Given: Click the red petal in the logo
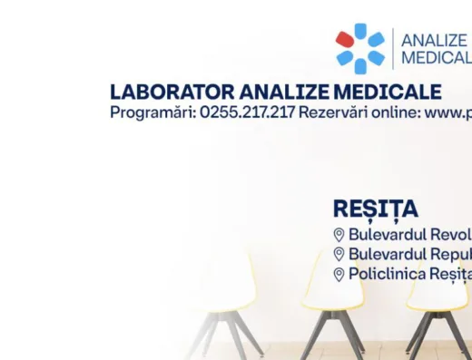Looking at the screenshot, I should (345, 40).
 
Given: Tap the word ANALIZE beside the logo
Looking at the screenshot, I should (435, 41).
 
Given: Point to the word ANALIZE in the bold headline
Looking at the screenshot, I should (289, 92).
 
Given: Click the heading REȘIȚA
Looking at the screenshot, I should (375, 209).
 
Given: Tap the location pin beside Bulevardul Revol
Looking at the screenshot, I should (339, 235).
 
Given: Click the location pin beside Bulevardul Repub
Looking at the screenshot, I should (339, 255).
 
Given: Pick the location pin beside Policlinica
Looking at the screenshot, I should (339, 275).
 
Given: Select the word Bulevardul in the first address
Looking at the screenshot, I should (387, 235).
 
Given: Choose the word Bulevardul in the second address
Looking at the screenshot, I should (387, 255).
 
